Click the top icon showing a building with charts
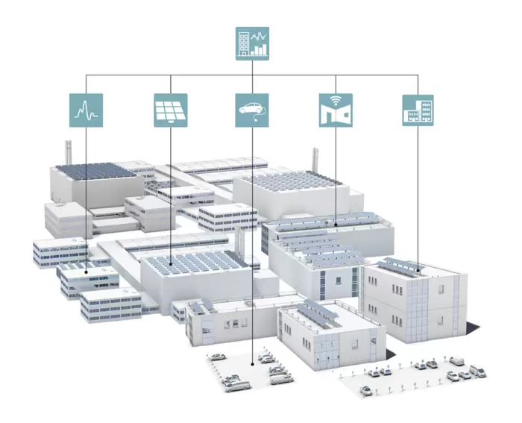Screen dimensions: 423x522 click(x=252, y=43)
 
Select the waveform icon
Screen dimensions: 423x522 click(x=86, y=110)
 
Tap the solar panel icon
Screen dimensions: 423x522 click(x=170, y=110)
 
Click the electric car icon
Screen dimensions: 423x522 click(x=252, y=110)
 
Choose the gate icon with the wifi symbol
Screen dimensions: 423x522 click(x=336, y=110)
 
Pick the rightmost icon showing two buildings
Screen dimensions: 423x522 click(x=418, y=110)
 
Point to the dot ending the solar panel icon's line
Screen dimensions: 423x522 click(x=171, y=263)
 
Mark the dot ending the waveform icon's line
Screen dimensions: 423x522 click(x=87, y=273)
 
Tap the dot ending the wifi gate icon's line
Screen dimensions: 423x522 click(x=336, y=223)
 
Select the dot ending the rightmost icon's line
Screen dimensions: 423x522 click(x=418, y=269)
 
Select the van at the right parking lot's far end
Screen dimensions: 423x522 click(x=456, y=360)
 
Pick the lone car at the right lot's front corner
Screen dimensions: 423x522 click(x=366, y=389)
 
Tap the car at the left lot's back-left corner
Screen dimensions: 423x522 click(x=216, y=357)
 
